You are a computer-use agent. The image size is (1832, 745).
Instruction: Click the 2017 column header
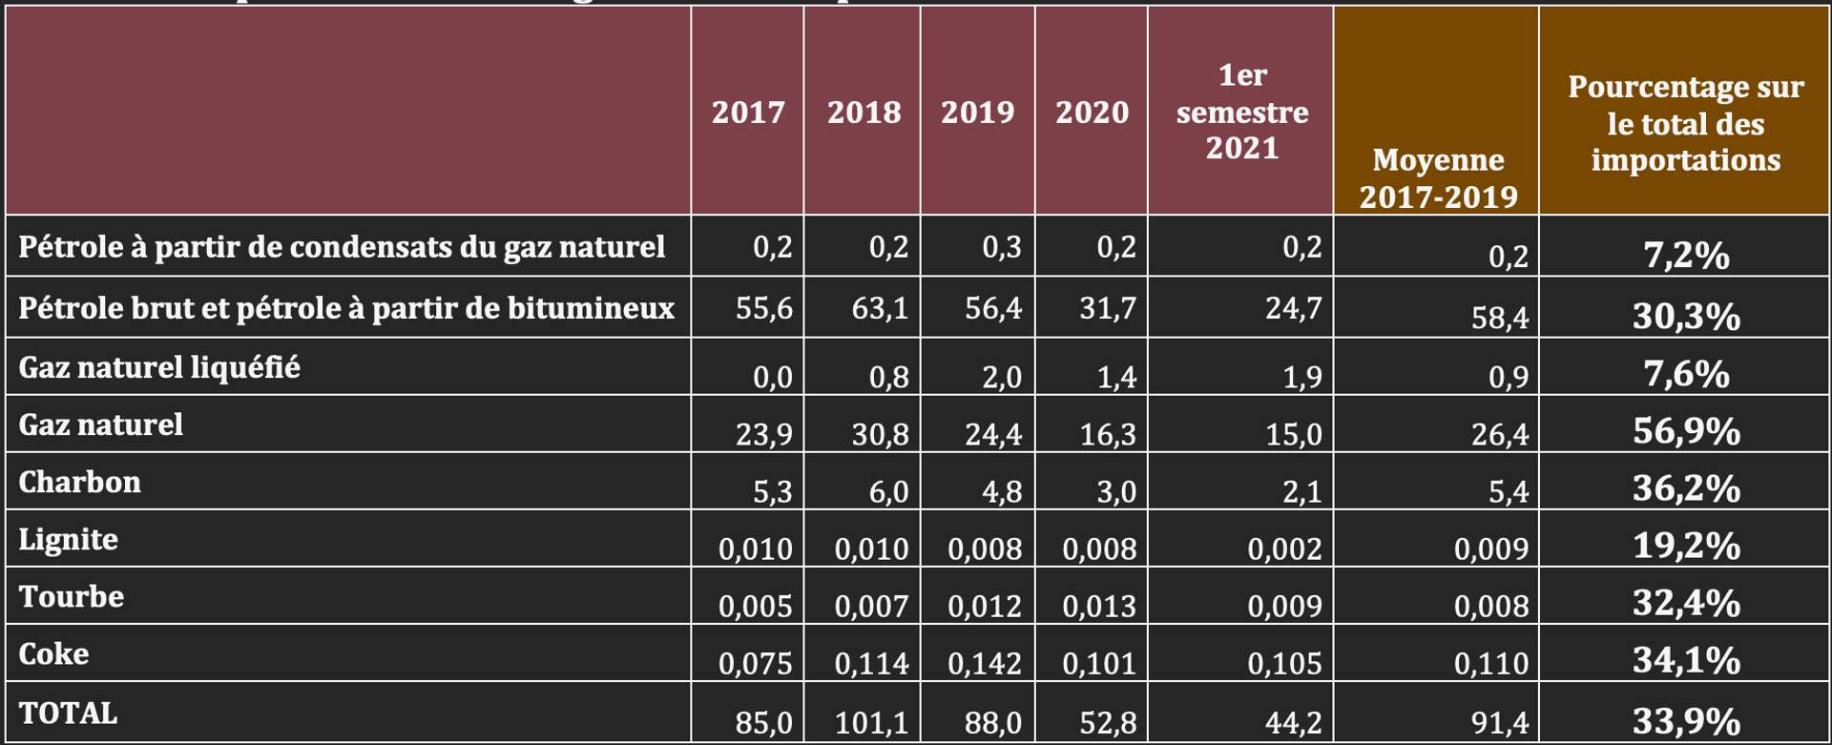748,113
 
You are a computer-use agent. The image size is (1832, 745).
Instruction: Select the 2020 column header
1092,113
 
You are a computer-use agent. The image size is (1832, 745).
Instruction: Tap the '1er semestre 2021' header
1241,112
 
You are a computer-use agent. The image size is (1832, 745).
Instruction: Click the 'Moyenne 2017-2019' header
1438,178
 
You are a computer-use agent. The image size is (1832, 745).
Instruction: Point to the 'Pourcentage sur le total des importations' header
1685,124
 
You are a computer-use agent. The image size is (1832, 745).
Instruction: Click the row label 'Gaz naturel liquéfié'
159,367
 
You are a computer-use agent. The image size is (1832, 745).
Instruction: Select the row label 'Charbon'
79,482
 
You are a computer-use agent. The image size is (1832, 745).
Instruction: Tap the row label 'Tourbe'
72,596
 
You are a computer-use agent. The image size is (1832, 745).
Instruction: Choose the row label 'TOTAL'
68,713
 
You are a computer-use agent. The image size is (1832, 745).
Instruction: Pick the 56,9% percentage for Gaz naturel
1686,431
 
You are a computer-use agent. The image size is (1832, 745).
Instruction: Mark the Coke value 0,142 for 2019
985,663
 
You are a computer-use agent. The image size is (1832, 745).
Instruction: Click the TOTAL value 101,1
871,723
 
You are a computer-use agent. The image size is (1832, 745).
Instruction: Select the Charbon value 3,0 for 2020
1115,491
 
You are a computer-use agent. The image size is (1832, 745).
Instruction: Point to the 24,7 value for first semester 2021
1293,309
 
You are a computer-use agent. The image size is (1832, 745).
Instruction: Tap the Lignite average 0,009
1490,548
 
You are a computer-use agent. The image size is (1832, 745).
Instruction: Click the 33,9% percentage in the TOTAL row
1686,721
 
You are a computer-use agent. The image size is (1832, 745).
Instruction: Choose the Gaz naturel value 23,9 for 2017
763,434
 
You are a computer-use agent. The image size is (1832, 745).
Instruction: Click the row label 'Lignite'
69,539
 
